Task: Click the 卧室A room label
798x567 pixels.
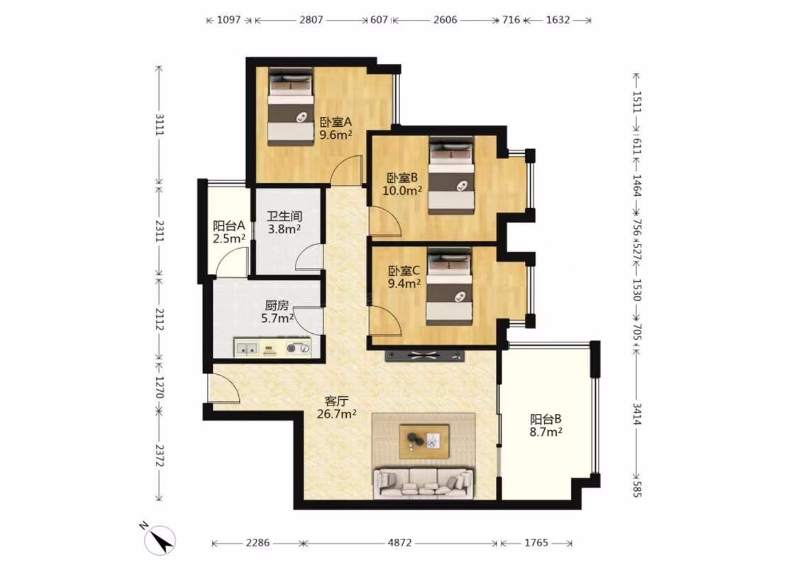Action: point(336,122)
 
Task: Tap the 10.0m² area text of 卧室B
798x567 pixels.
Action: point(403,191)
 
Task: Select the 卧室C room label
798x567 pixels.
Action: point(404,271)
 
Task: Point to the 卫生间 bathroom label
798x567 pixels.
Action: point(284,216)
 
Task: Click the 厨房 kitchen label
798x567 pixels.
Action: point(277,305)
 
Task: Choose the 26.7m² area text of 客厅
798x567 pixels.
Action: point(336,414)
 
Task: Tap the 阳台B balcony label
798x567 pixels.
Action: point(545,419)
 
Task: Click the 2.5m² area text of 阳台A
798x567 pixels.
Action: point(229,238)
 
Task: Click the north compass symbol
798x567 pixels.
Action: point(160,540)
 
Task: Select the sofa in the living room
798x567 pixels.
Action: point(423,483)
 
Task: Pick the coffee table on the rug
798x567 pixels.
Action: point(424,442)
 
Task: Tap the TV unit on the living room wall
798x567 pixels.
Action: point(425,356)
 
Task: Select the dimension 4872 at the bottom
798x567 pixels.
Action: point(399,543)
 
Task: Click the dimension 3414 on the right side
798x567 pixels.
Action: point(637,413)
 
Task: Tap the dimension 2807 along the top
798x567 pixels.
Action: point(311,20)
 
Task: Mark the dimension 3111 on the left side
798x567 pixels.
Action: point(160,125)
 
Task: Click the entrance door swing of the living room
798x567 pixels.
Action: point(224,388)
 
